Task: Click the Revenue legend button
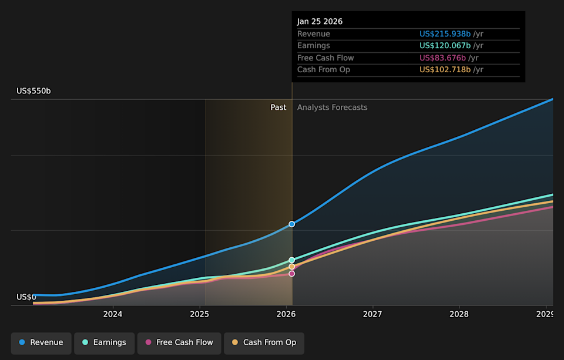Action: pyautogui.click(x=41, y=342)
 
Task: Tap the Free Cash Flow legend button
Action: pyautogui.click(x=179, y=342)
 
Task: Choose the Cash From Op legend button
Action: pyautogui.click(x=264, y=342)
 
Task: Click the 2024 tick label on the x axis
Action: pyautogui.click(x=113, y=314)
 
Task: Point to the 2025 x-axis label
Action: pyautogui.click(x=200, y=314)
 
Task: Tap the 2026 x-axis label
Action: pyautogui.click(x=286, y=314)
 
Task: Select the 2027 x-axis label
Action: pyautogui.click(x=372, y=314)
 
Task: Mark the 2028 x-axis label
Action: pyautogui.click(x=459, y=314)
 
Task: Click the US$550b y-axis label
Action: pyautogui.click(x=33, y=91)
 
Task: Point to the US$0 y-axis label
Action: pyautogui.click(x=26, y=297)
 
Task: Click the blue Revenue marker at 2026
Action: pyautogui.click(x=292, y=224)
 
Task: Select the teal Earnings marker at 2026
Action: pyautogui.click(x=292, y=260)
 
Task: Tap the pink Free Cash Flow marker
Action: pyautogui.click(x=292, y=274)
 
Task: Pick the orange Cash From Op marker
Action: pyautogui.click(x=292, y=267)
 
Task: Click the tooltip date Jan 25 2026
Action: pyautogui.click(x=320, y=22)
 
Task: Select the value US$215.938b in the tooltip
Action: pyautogui.click(x=445, y=34)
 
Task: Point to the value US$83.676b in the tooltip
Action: pyautogui.click(x=442, y=58)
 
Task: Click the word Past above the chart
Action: pyautogui.click(x=278, y=107)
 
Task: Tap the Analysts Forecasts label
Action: pyautogui.click(x=332, y=107)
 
